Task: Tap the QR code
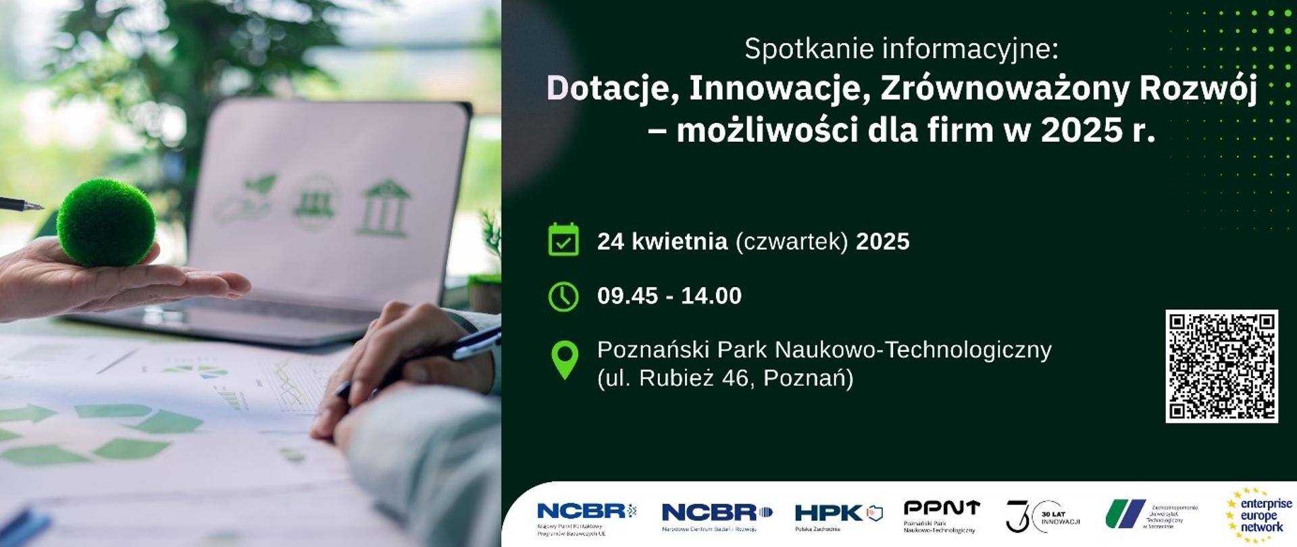[x=1221, y=366]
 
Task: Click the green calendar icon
[x=563, y=240]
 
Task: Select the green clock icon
[x=563, y=296]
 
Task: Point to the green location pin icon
[x=565, y=359]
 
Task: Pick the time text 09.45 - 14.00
[x=669, y=296]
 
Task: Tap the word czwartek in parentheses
[x=791, y=241]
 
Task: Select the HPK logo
[x=838, y=516]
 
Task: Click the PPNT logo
[x=941, y=515]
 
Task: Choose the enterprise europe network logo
[x=1259, y=516]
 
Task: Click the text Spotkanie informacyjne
[x=901, y=49]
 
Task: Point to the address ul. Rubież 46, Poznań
[x=725, y=378]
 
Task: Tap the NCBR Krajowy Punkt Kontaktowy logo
[x=586, y=517]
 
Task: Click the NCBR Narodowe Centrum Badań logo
[x=717, y=516]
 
